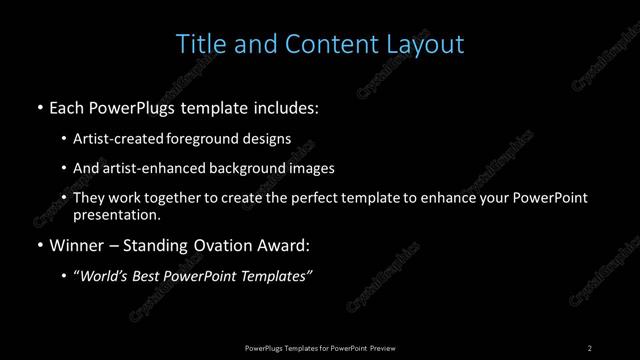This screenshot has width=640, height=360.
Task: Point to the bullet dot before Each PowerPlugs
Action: point(39,106)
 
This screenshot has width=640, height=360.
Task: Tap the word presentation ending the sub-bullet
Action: point(116,215)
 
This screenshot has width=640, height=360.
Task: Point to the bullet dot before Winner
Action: point(39,244)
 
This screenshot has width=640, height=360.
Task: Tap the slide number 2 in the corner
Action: point(589,347)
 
